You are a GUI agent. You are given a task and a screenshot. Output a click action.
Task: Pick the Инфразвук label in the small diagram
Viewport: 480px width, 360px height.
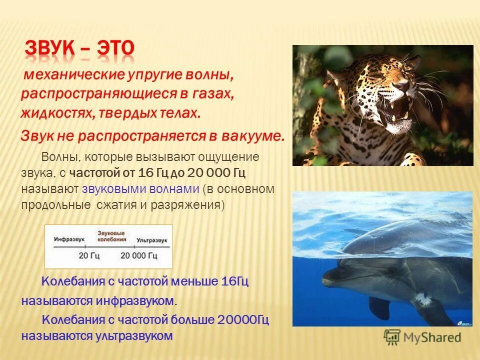pyautogui.click(x=68, y=239)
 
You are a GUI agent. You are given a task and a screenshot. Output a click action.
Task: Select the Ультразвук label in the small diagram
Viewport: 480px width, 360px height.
pyautogui.click(x=152, y=239)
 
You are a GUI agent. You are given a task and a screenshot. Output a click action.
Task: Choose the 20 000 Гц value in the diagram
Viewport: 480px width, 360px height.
pyautogui.click(x=138, y=256)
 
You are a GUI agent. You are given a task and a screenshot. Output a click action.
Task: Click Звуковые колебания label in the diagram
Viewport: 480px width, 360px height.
pyautogui.click(x=111, y=236)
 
